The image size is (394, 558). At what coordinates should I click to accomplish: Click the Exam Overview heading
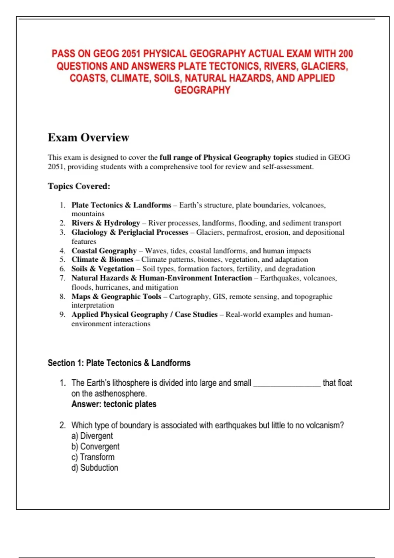88,138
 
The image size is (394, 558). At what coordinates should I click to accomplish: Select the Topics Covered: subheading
79,186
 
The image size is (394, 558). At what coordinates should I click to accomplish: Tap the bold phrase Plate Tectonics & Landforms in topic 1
121,205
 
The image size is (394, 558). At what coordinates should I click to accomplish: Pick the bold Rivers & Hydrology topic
106,223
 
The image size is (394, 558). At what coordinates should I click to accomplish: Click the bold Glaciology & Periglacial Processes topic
130,232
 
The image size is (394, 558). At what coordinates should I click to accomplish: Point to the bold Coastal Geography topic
104,251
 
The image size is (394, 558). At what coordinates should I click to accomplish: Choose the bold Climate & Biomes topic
102,260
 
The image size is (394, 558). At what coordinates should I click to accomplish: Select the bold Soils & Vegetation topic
103,269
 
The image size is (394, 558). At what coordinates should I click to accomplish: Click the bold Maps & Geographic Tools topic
116,297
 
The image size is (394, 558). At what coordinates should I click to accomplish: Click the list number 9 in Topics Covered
62,314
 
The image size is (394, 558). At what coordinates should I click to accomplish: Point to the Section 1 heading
119,363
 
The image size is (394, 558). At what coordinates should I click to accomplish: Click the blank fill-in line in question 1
287,384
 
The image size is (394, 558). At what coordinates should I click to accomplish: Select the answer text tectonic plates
130,404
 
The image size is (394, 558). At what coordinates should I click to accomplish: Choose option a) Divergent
92,436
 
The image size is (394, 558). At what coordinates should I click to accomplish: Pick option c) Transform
93,457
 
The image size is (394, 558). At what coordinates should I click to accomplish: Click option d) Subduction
95,468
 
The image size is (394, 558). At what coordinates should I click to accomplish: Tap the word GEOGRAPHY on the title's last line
202,90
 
